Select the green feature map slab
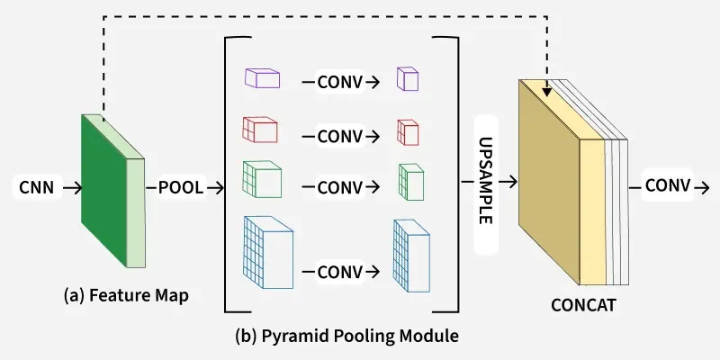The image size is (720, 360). [104, 189]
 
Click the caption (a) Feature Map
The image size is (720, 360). [126, 295]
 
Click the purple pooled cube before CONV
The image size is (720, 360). [263, 79]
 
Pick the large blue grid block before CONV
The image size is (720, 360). [267, 251]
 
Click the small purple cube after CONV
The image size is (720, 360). [408, 79]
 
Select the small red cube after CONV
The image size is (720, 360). [408, 131]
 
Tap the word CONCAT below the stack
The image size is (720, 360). [583, 304]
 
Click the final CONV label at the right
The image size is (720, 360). [667, 185]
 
